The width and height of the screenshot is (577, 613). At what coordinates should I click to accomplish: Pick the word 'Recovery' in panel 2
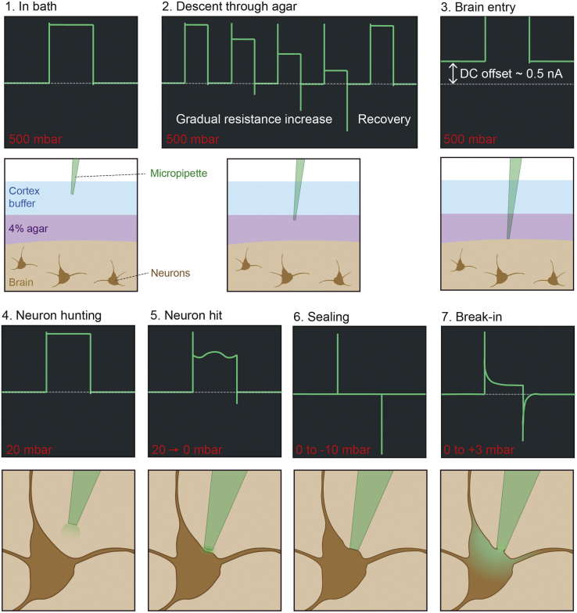pyautogui.click(x=384, y=120)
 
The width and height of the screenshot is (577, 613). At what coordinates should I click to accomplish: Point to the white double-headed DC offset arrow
pyautogui.click(x=453, y=73)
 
